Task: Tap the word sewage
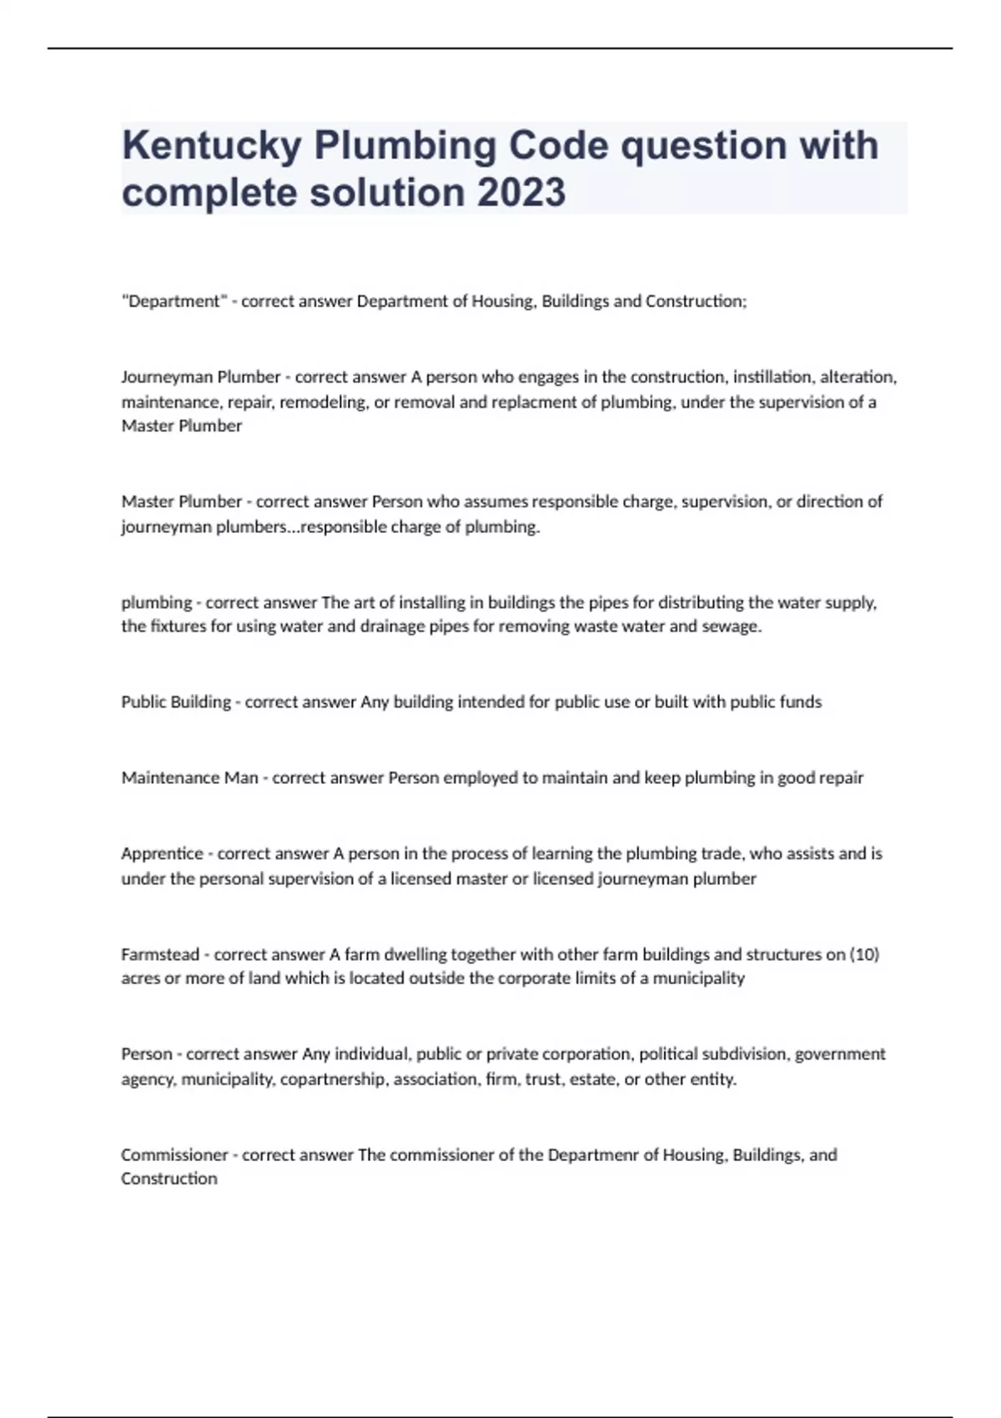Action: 733,626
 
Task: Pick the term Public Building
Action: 176,702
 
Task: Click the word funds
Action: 800,702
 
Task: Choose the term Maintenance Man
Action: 189,777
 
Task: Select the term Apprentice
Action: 162,853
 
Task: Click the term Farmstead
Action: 160,954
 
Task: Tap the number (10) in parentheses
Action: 864,954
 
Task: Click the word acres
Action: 139,978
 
